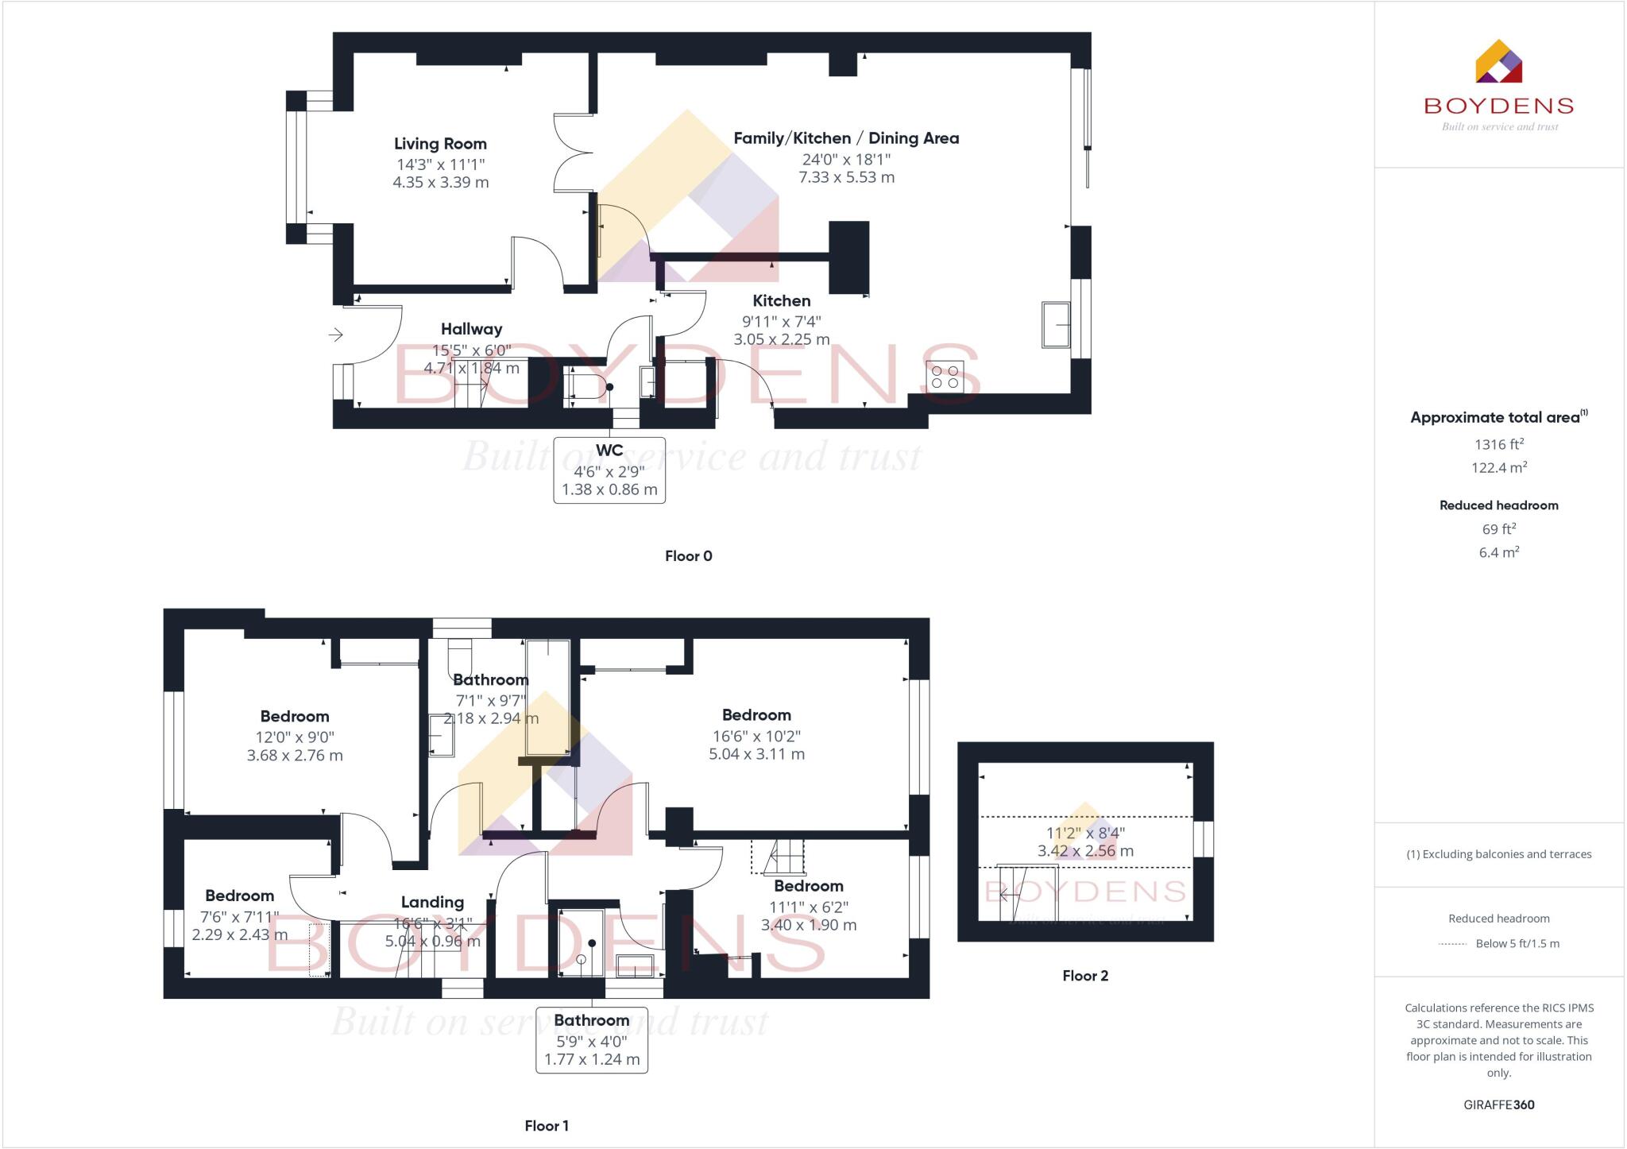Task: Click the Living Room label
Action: click(440, 144)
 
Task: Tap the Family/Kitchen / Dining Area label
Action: click(846, 138)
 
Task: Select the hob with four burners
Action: click(945, 377)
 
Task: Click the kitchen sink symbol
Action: click(1056, 324)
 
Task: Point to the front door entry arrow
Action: click(336, 335)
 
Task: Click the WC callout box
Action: click(609, 470)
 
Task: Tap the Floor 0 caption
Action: click(688, 556)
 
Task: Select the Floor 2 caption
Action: click(1084, 976)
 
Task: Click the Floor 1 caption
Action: click(547, 1126)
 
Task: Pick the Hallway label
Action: click(471, 329)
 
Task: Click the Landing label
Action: click(432, 903)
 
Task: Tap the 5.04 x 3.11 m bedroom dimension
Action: click(756, 754)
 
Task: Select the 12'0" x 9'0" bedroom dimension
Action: click(295, 737)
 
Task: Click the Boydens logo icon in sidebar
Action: click(1498, 61)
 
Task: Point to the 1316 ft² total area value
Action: click(1498, 445)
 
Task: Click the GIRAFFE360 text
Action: click(1498, 1105)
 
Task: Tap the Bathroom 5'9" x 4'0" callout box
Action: click(592, 1039)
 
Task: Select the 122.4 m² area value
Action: click(1498, 468)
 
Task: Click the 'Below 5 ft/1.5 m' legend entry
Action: click(1517, 944)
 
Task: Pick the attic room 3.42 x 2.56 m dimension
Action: click(1085, 851)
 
